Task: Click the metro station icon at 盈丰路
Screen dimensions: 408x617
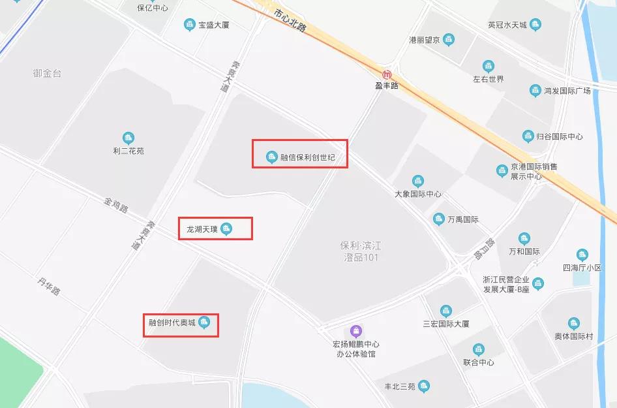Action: pos(387,74)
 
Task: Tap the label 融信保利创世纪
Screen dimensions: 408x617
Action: pos(307,157)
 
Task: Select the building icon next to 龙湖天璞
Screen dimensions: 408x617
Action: pos(226,228)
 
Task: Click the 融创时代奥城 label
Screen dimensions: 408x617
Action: pos(172,322)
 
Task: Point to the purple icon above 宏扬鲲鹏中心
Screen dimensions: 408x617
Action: pos(355,331)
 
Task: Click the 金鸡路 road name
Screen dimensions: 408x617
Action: pos(116,205)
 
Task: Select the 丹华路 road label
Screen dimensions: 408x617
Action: pos(48,286)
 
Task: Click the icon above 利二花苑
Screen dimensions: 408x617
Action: pos(128,138)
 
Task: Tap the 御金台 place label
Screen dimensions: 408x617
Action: pos(47,74)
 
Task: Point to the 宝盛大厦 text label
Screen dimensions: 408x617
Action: pos(214,25)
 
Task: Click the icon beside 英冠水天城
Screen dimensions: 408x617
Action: pos(535,25)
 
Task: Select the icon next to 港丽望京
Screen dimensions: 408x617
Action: pos(448,40)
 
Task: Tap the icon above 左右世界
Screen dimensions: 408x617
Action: pos(488,66)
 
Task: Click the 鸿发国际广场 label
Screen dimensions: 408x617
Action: pos(567,91)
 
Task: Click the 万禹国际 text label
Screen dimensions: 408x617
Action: pos(463,219)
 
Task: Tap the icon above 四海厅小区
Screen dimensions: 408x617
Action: pos(582,255)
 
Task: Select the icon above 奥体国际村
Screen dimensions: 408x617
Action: pos(573,323)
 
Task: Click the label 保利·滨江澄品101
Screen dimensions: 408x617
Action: pos(360,251)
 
